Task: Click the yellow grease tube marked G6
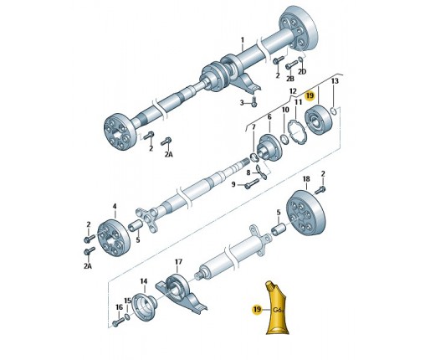coord(277,308)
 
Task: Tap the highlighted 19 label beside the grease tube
coord(257,309)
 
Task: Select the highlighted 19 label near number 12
coord(310,95)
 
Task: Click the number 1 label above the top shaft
coord(242,40)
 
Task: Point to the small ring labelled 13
coord(333,111)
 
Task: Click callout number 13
coord(335,81)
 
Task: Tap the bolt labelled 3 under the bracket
coord(254,102)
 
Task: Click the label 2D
coord(302,72)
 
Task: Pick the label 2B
coord(290,79)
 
